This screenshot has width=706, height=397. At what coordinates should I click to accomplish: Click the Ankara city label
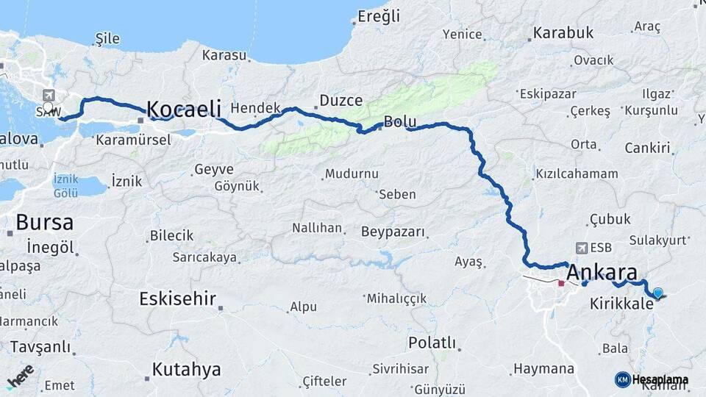[602, 271]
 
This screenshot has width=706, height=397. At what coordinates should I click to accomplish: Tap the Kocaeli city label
[184, 110]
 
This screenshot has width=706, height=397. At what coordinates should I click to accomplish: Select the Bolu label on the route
[400, 121]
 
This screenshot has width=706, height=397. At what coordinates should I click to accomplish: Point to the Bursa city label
[44, 222]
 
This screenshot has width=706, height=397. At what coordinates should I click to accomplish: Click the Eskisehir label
[177, 298]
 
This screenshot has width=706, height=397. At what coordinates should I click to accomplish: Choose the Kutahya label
[186, 369]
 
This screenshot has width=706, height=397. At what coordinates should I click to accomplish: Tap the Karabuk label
[563, 32]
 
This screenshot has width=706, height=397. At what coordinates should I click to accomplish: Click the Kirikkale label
[621, 303]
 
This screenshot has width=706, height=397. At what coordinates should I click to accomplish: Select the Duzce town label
[340, 101]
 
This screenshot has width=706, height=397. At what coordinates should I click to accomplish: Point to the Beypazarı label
[393, 232]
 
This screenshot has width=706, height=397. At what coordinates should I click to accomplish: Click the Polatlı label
[432, 343]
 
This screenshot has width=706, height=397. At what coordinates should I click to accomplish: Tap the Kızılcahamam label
[577, 174]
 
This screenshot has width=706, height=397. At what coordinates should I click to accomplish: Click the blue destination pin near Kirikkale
[657, 293]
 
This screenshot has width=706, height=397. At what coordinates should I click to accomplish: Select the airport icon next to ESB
[582, 248]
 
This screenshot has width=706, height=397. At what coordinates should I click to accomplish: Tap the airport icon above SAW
[49, 95]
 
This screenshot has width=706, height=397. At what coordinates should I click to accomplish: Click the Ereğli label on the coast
[379, 16]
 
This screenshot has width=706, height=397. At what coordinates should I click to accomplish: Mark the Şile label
[108, 38]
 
